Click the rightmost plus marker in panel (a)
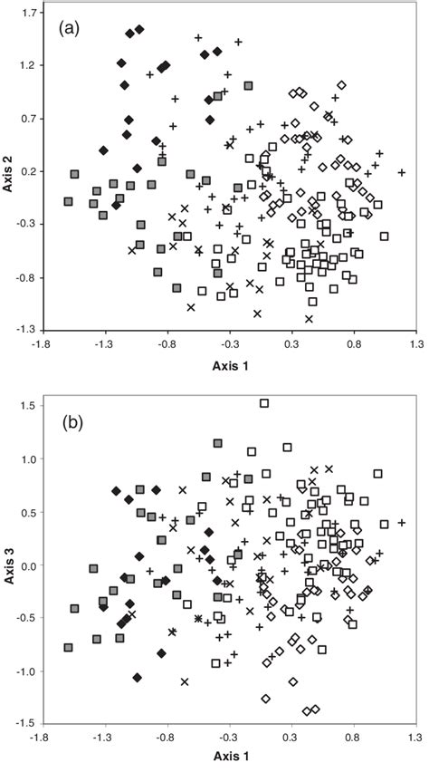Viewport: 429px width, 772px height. pyautogui.click(x=401, y=172)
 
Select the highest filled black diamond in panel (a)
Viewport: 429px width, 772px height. pyautogui.click(x=139, y=30)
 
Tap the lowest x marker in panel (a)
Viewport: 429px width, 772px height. pyautogui.click(x=309, y=319)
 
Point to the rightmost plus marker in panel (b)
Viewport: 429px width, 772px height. pyautogui.click(x=402, y=523)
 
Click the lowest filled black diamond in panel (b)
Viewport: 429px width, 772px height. pyautogui.click(x=138, y=677)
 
